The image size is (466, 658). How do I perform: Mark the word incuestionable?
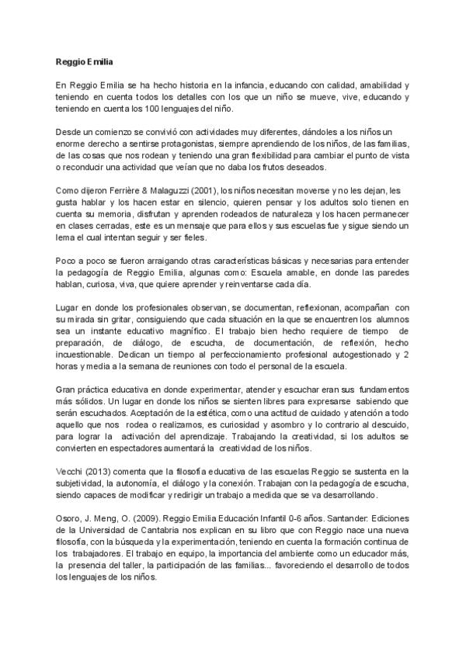click(x=88, y=362)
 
